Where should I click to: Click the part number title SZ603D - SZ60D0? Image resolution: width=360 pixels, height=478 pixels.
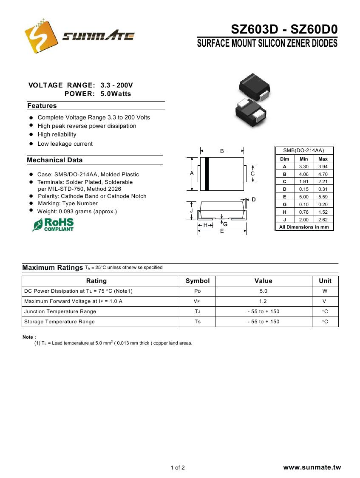pyautogui.click(x=284, y=29)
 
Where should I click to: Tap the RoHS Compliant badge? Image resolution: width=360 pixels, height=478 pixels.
pyautogui.click(x=53, y=224)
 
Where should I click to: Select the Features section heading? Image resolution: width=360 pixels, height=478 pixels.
pyautogui.click(x=42, y=106)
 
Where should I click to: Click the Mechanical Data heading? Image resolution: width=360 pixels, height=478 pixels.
pyautogui.click(x=54, y=160)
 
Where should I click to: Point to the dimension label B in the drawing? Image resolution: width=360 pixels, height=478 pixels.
pyautogui.click(x=222, y=151)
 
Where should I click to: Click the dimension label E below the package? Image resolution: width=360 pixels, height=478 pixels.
pyautogui.click(x=221, y=232)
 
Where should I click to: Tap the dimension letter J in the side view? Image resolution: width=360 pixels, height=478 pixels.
pyautogui.click(x=191, y=211)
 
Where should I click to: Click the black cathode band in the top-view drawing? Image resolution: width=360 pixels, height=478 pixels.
pyautogui.click(x=207, y=174)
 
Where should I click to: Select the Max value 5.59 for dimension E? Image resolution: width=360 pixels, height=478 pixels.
pyautogui.click(x=323, y=197)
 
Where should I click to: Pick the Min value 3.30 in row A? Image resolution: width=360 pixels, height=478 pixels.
pyautogui.click(x=303, y=167)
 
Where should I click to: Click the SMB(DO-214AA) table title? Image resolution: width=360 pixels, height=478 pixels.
pyautogui.click(x=304, y=150)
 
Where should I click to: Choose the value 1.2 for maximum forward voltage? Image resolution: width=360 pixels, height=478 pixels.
pyautogui.click(x=263, y=301)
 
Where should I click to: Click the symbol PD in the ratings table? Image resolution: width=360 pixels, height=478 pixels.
pyautogui.click(x=197, y=291)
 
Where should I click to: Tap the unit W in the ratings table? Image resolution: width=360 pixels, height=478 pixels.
pyautogui.click(x=325, y=291)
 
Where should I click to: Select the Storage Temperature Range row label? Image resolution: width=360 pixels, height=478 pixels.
pyautogui.click(x=60, y=322)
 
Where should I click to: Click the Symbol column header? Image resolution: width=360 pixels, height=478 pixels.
pyautogui.click(x=198, y=281)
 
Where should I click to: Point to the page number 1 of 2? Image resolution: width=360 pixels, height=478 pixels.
pyautogui.click(x=178, y=468)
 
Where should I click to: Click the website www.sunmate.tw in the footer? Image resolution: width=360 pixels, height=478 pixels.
pyautogui.click(x=312, y=467)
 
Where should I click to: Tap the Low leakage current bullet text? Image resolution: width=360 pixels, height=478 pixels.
pyautogui.click(x=65, y=144)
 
